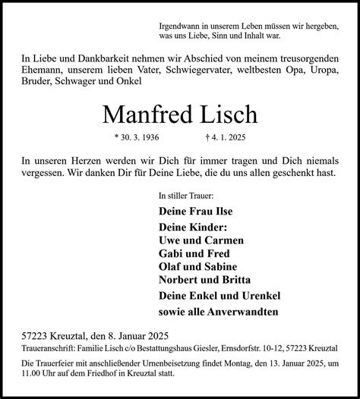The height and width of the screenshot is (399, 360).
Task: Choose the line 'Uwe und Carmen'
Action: click(196, 240)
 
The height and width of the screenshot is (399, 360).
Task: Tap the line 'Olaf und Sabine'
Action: click(197, 266)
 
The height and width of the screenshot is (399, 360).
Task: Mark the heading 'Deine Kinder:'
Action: click(193, 227)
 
